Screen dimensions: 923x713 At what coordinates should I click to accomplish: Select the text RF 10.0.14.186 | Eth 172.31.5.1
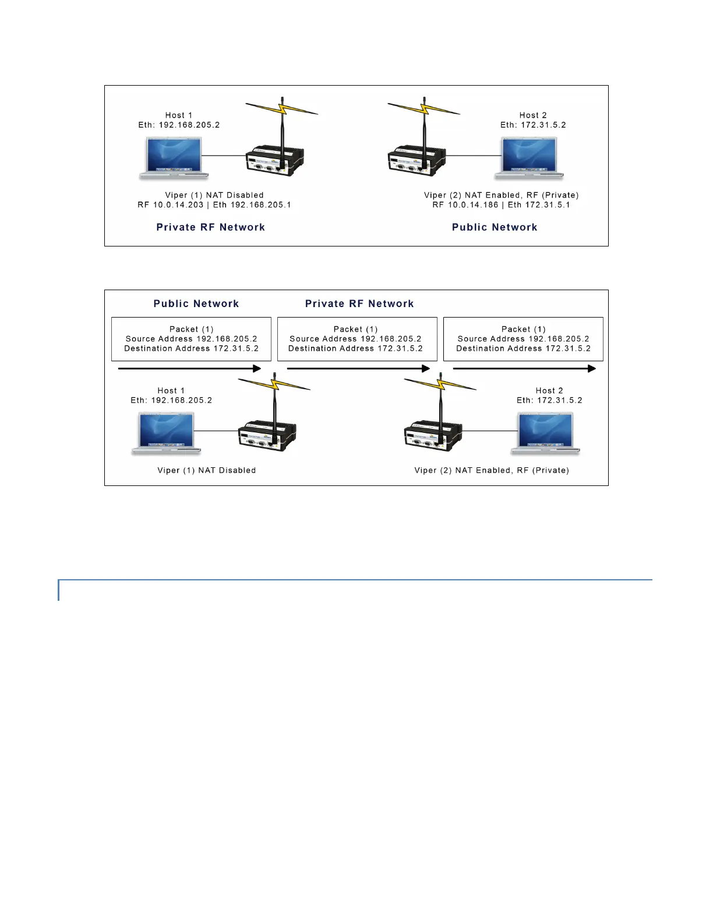click(x=501, y=205)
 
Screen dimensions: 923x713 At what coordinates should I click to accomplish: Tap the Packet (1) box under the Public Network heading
click(x=191, y=339)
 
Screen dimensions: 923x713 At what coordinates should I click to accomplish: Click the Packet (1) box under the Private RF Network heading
click(x=356, y=339)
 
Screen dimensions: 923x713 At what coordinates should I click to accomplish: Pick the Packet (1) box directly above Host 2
click(x=523, y=339)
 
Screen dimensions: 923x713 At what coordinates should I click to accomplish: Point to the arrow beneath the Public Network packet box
click(x=189, y=368)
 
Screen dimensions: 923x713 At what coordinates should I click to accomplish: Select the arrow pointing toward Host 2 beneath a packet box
click(x=524, y=368)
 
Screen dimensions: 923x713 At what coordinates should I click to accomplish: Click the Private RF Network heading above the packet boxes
click(x=359, y=304)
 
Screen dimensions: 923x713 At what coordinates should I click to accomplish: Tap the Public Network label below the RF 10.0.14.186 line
click(x=495, y=227)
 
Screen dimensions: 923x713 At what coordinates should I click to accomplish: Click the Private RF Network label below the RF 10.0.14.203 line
click(x=210, y=227)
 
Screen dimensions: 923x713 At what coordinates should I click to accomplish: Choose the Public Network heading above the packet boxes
click(x=196, y=304)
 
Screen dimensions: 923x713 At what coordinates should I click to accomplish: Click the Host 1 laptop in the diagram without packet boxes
click(x=174, y=158)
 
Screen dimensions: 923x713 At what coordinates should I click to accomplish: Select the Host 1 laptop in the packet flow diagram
click(x=167, y=433)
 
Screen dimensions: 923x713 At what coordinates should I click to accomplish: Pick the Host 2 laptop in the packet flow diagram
click(x=546, y=433)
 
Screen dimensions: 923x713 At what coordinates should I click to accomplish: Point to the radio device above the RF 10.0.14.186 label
click(x=416, y=158)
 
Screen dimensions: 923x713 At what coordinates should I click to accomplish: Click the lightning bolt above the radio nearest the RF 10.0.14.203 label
click(x=282, y=108)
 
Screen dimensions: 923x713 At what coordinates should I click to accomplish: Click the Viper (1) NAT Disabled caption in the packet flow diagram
click(x=206, y=470)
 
